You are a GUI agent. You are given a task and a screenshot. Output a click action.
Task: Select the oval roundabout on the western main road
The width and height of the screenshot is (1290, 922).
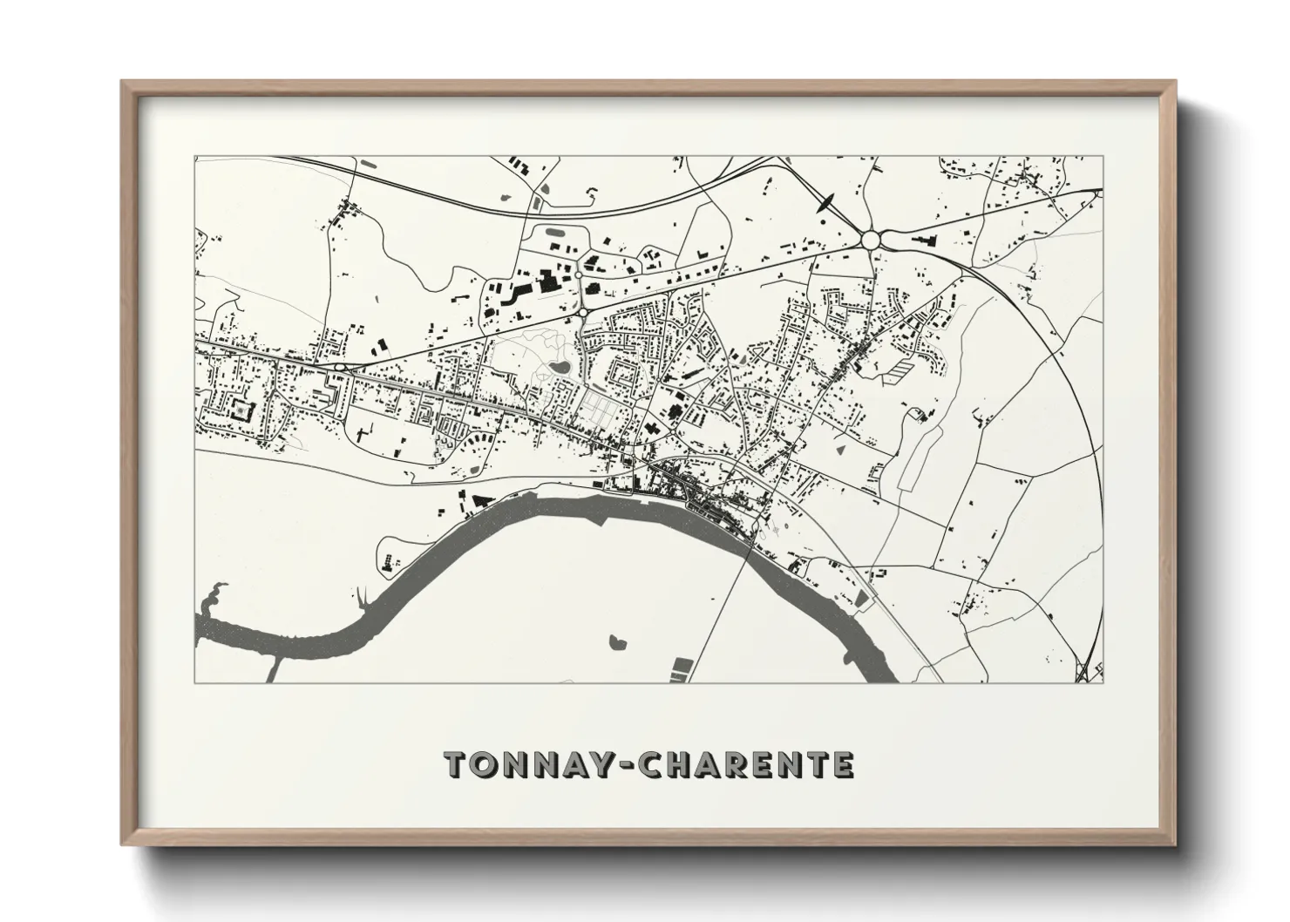point(339,369)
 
